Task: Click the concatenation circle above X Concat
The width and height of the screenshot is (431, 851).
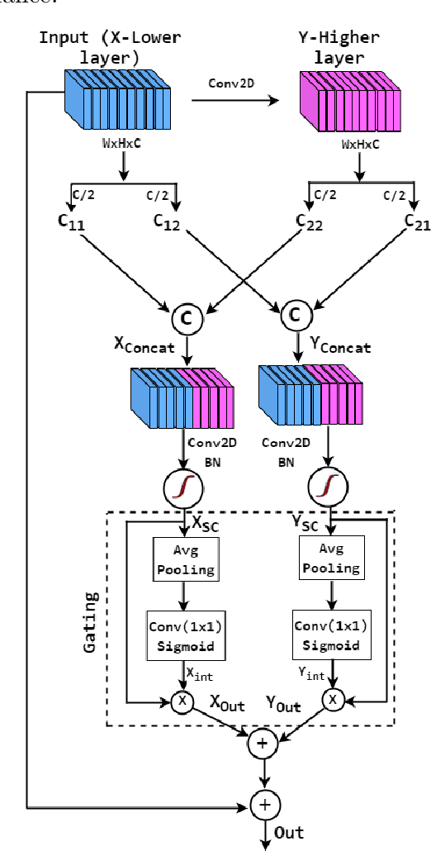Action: (x=186, y=316)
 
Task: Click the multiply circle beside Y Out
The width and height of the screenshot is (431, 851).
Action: (x=331, y=701)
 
